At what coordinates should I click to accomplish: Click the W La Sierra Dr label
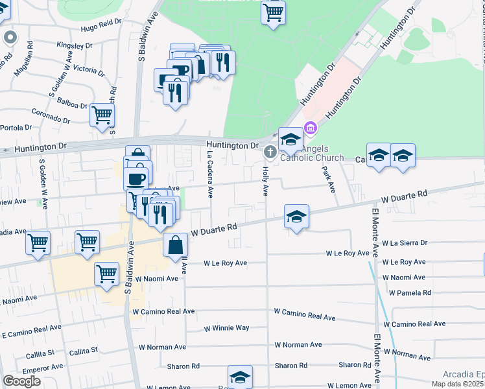click(405, 243)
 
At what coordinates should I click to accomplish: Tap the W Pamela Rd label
click(410, 293)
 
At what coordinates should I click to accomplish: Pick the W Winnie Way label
click(226, 328)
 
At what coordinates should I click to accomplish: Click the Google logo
click(21, 381)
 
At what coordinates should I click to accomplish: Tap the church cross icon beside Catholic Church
click(270, 152)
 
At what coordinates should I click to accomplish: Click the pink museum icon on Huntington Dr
click(311, 128)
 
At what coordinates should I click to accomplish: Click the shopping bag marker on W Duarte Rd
click(176, 246)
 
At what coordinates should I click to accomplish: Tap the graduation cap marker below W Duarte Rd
click(296, 217)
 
